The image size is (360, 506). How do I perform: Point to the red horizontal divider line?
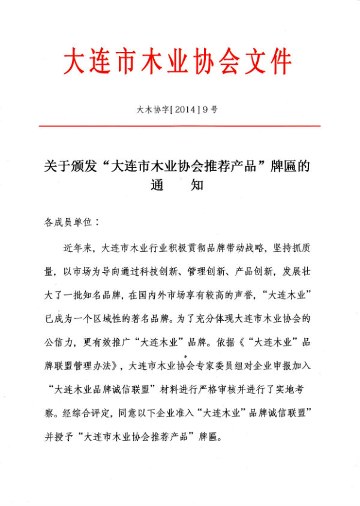180,126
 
